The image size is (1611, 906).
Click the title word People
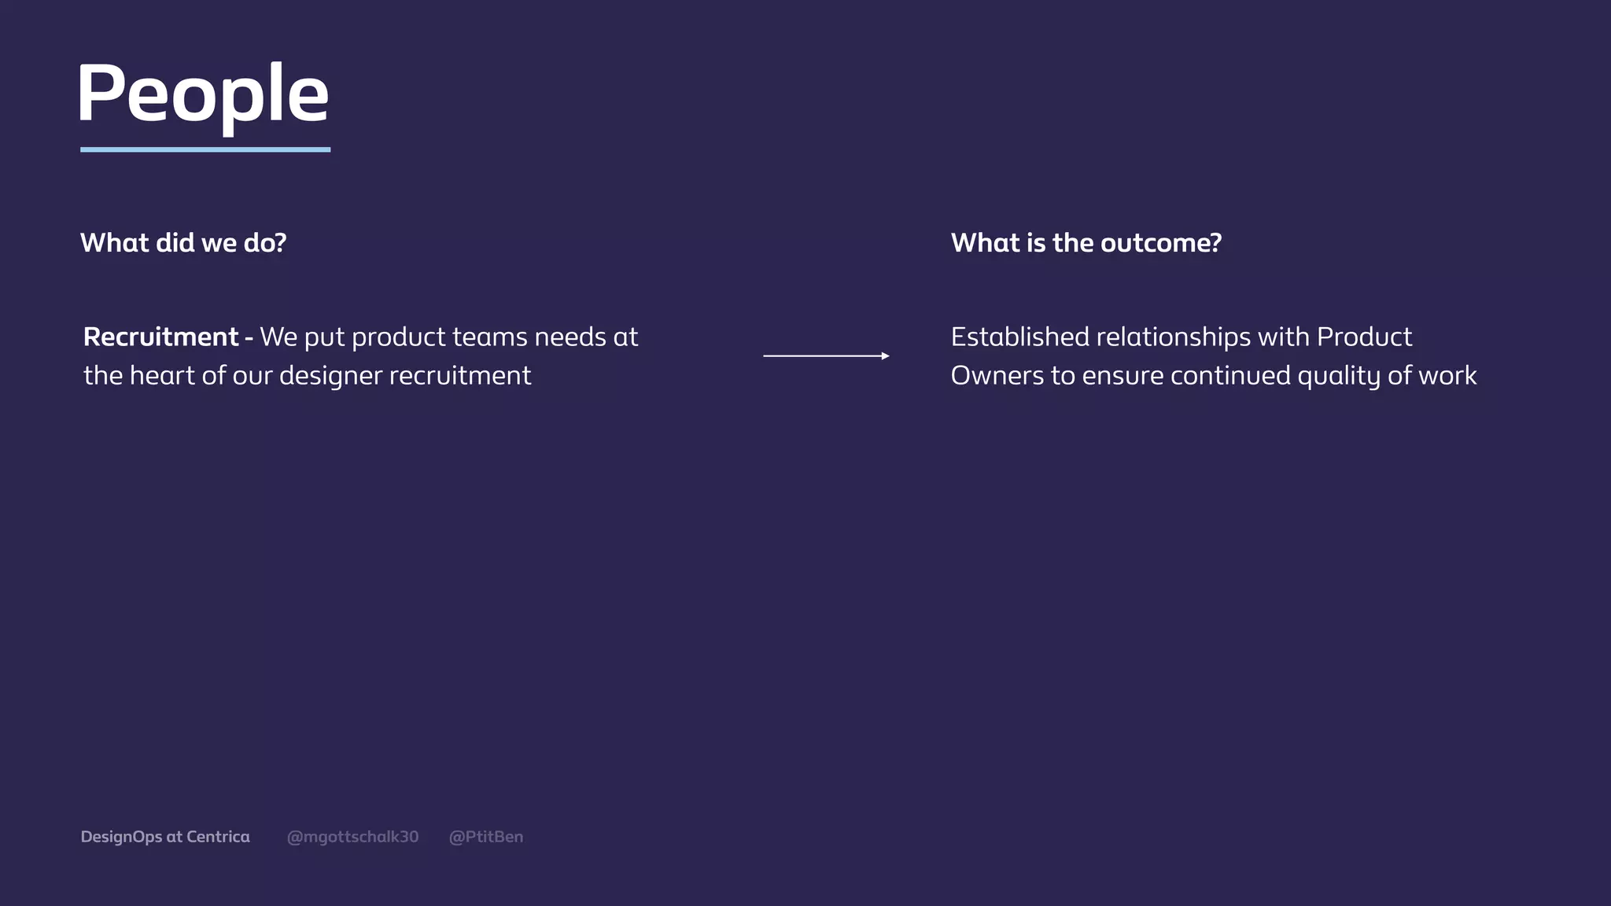pyautogui.click(x=203, y=94)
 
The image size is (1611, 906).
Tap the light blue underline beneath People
pyautogui.click(x=205, y=149)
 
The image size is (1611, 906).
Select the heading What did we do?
pyautogui.click(x=183, y=243)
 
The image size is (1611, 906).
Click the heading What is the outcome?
pyautogui.click(x=1086, y=243)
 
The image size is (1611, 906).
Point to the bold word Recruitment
pyautogui.click(x=160, y=337)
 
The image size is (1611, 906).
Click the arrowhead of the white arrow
pyautogui.click(x=885, y=356)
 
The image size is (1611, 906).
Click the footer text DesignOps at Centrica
pyautogui.click(x=165, y=837)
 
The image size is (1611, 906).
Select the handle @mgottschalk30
pyautogui.click(x=352, y=837)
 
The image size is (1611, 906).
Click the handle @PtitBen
pyautogui.click(x=485, y=837)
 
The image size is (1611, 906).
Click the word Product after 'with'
pyautogui.click(x=1364, y=337)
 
